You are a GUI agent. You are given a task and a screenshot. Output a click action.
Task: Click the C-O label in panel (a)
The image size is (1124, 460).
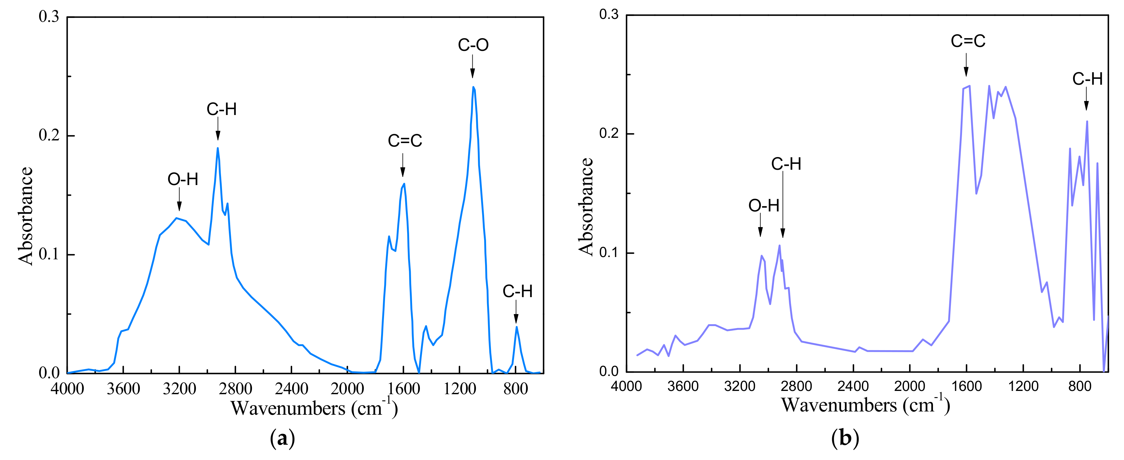pyautogui.click(x=473, y=45)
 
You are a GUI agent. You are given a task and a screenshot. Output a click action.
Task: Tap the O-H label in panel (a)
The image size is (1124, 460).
pyautogui.click(x=183, y=179)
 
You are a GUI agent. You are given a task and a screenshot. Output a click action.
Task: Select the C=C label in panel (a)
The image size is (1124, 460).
pyautogui.click(x=405, y=140)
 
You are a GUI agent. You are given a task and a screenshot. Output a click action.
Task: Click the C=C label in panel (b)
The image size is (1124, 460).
pyautogui.click(x=968, y=41)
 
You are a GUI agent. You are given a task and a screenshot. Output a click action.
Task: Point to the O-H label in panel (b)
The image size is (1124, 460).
pyautogui.click(x=763, y=205)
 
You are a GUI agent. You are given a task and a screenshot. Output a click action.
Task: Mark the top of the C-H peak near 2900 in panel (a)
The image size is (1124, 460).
pyautogui.click(x=217, y=148)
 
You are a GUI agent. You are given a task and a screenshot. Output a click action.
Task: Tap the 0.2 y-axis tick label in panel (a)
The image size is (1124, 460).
pyautogui.click(x=49, y=135)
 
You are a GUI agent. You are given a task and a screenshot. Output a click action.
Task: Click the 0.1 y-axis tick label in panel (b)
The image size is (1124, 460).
pyautogui.click(x=609, y=253)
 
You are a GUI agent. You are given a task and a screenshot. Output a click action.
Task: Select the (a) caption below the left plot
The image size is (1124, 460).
pyautogui.click(x=283, y=438)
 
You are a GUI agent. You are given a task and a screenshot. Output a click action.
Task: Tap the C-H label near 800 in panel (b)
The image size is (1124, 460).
pyautogui.click(x=1087, y=79)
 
